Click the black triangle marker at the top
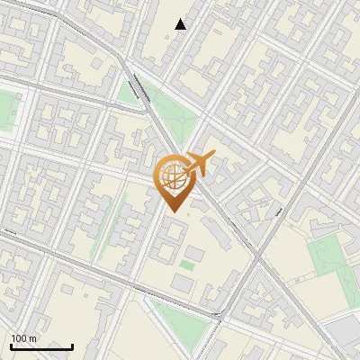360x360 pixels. [181, 24]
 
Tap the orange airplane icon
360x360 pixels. [201, 164]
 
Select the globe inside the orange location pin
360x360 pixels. [173, 176]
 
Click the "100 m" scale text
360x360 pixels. [24, 339]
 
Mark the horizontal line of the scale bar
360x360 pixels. [41, 346]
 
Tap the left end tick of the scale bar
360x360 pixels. [11, 345]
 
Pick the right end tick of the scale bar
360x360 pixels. [73, 345]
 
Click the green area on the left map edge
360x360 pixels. [6, 112]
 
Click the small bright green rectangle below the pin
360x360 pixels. [187, 265]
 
